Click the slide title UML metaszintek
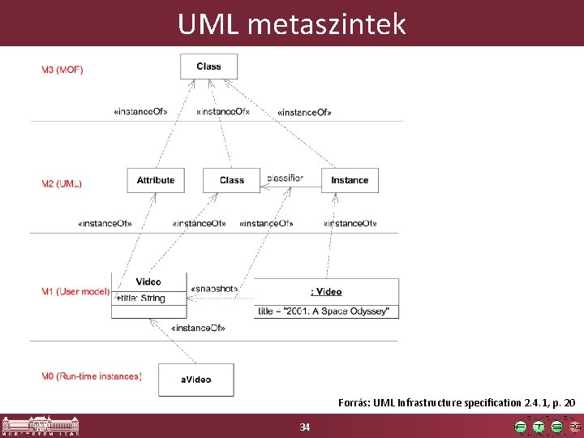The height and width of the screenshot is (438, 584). pos(291,24)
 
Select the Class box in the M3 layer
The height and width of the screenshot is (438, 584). pos(208,67)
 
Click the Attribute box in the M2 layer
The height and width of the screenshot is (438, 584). pos(156,180)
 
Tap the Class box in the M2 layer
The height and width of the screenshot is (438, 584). pos(231,180)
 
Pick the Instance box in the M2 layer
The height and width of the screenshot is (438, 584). pos(350,180)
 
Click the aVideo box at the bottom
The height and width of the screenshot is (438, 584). pos(195,380)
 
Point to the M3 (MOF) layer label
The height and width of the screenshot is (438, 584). pos(62,70)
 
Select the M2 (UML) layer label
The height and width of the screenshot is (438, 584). pos(62,184)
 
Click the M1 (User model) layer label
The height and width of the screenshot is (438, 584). pos(75,291)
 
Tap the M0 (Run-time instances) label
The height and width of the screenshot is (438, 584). pos(92,376)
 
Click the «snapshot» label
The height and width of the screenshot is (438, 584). pos(214,289)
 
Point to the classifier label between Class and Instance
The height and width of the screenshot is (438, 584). pos(285,178)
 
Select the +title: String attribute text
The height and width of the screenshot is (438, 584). pos(140,298)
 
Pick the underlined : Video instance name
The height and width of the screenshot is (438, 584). pos(326,291)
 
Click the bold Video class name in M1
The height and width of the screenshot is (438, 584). pos(148,281)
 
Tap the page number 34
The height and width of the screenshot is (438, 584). pos(305,427)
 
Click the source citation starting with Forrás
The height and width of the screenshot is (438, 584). pos(457,402)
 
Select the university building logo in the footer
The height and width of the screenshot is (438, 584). pos(41,426)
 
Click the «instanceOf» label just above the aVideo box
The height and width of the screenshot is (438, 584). pos(198,328)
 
